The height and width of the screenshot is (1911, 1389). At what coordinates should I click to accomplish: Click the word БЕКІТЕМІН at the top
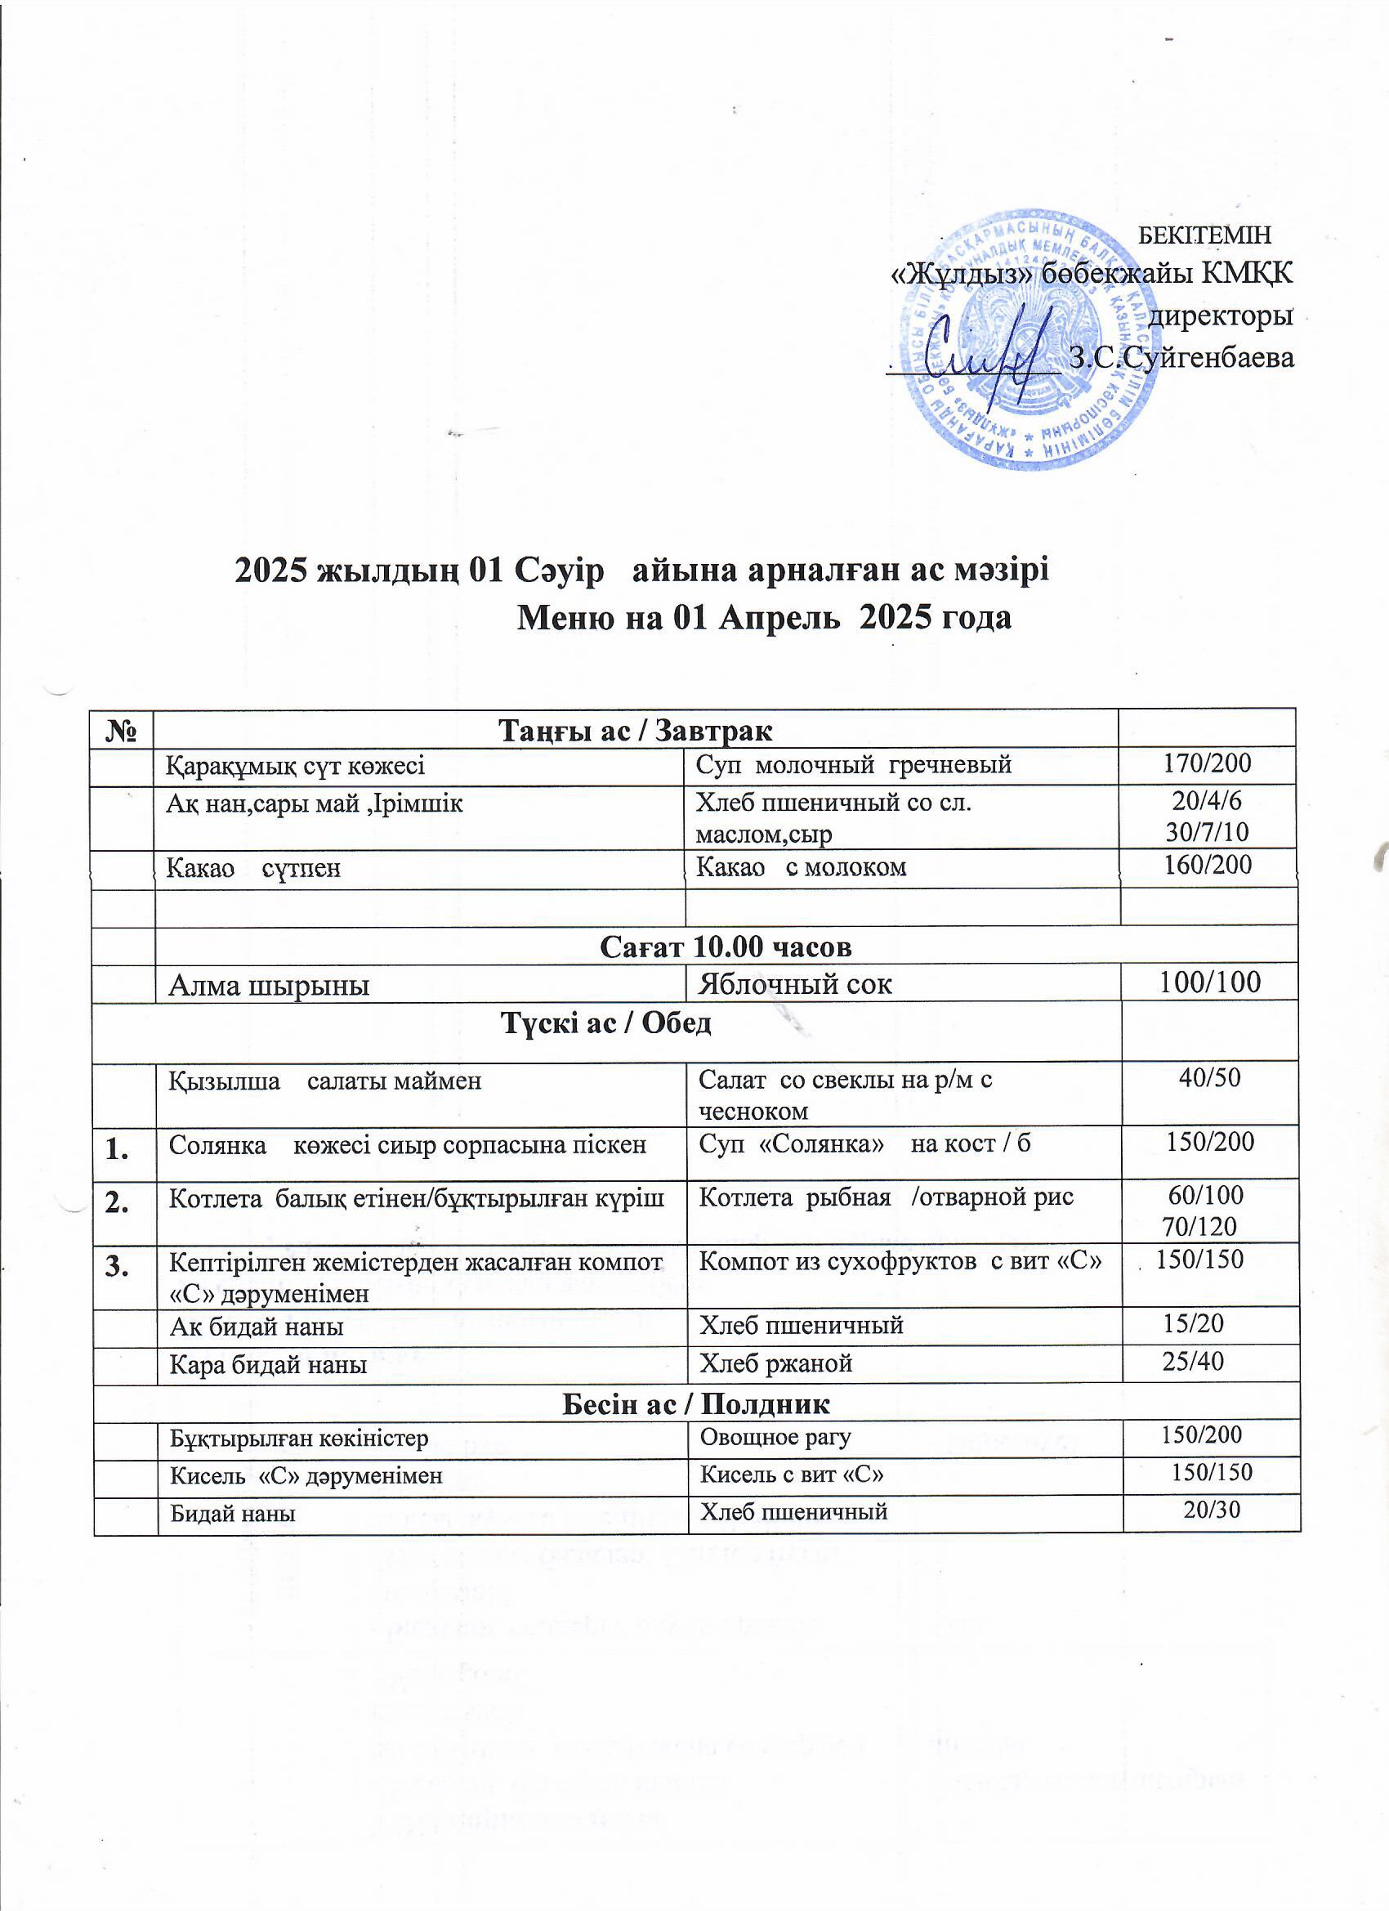point(1204,235)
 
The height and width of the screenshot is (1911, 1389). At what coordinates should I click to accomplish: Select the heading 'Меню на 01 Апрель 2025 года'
point(763,619)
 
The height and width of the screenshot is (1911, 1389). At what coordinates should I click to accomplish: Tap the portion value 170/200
point(1207,764)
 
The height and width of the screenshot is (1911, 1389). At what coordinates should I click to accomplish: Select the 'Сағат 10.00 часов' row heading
point(726,947)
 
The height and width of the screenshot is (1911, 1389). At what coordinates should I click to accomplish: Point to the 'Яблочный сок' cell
point(795,984)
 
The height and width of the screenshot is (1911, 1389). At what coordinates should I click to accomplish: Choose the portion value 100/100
point(1209,982)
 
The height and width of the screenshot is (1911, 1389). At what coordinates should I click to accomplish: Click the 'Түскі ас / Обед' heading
point(606,1023)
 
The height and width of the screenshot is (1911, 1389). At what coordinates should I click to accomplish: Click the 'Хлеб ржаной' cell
point(777,1363)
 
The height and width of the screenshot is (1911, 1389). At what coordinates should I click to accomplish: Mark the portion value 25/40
point(1193,1362)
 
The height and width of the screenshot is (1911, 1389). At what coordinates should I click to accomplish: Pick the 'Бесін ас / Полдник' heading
point(696,1403)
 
